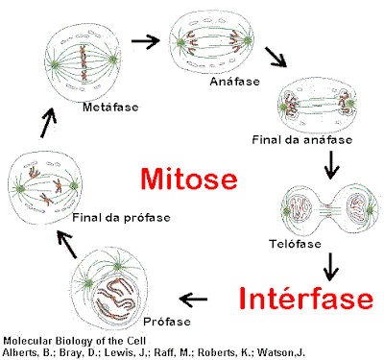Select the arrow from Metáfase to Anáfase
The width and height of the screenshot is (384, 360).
tap(145, 41)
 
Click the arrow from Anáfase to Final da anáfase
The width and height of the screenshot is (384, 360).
tap(277, 57)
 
